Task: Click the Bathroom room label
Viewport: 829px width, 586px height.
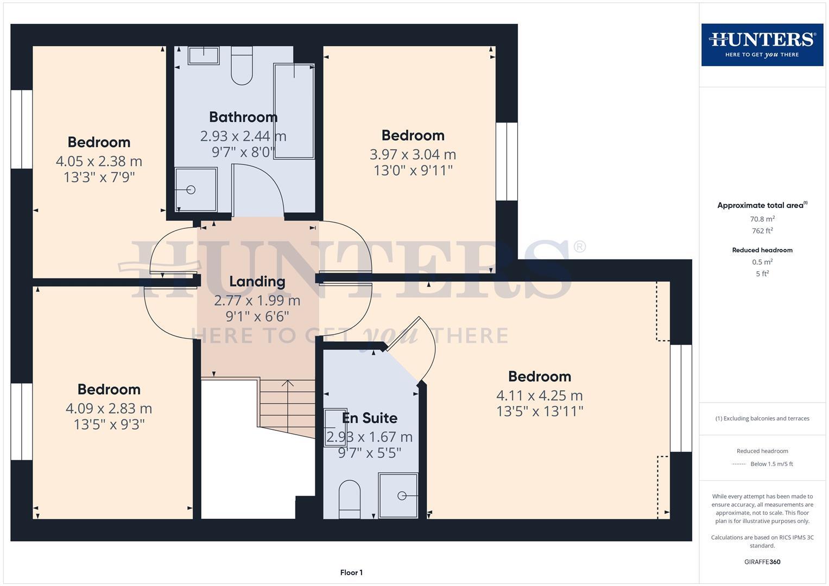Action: (x=243, y=117)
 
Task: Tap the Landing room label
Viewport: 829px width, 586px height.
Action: (x=257, y=282)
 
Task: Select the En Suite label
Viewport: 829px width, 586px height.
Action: (x=369, y=418)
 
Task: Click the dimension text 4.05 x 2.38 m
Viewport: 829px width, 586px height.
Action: (x=99, y=161)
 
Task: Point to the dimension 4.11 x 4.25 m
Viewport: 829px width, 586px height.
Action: (x=539, y=396)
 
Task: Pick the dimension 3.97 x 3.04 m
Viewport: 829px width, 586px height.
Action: (x=413, y=155)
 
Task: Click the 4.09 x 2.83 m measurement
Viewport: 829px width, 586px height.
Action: (x=109, y=409)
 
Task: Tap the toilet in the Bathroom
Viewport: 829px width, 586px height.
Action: (x=242, y=66)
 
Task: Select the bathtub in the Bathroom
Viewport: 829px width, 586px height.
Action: (x=294, y=111)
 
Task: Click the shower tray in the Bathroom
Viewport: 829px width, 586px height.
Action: (x=196, y=189)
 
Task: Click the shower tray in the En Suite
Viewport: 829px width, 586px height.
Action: (x=398, y=495)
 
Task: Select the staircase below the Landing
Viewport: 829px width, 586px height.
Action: (x=287, y=407)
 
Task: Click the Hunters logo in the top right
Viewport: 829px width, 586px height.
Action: (x=762, y=45)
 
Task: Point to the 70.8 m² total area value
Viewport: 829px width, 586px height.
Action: (x=762, y=219)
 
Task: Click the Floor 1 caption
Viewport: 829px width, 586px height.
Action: (x=351, y=572)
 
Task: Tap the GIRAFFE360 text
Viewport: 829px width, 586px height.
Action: (x=762, y=562)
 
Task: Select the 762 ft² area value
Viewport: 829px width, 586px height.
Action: (x=762, y=231)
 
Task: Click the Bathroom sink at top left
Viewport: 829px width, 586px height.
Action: (x=204, y=55)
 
